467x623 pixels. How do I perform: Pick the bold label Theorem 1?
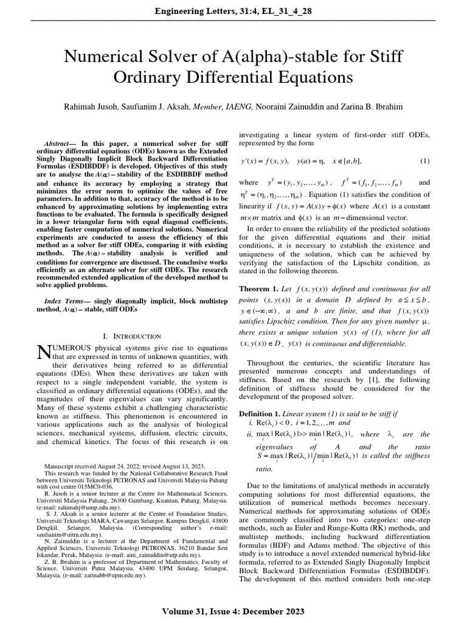260,288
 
